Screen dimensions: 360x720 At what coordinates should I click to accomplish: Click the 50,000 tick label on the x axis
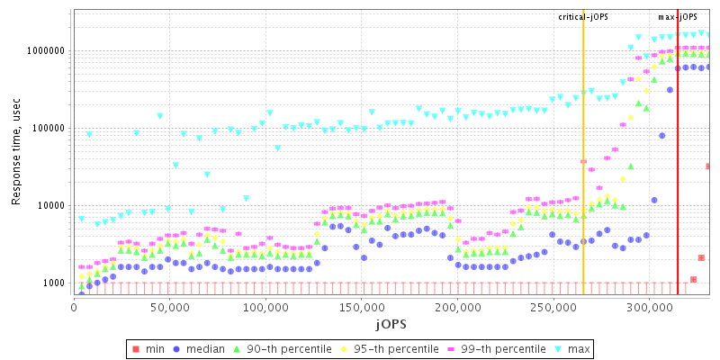[x=170, y=306]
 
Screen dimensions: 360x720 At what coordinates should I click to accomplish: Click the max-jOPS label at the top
[x=678, y=17]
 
